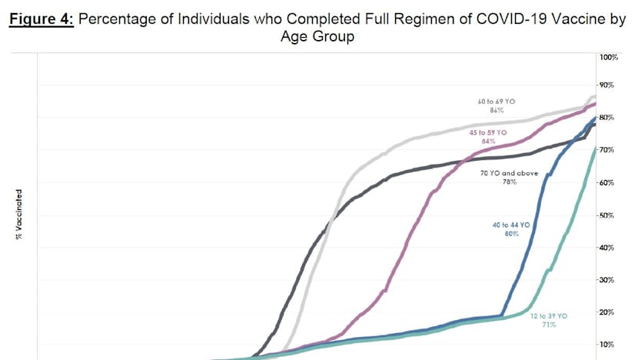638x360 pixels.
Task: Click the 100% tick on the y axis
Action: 610,58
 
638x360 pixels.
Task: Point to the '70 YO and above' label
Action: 509,173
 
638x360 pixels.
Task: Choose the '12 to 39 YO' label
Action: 548,316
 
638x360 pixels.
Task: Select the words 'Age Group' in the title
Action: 319,36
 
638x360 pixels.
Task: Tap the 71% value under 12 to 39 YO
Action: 548,325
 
